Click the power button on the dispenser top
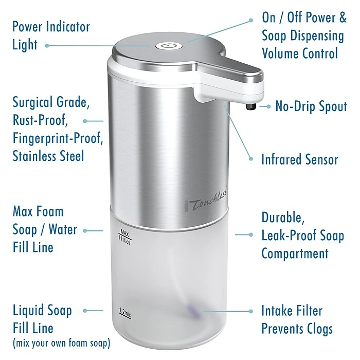coord(169,46)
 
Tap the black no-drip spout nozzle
coord(251,107)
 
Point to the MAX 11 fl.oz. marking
coord(124,237)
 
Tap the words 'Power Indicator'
coord(51,27)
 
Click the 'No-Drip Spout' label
coord(311,106)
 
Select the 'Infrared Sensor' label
coord(300,159)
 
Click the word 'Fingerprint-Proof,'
coord(58,138)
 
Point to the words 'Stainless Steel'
coord(48,156)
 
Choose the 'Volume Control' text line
coord(300,53)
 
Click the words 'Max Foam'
coord(38,211)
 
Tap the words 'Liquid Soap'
coord(42,311)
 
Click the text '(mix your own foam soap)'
coord(62,343)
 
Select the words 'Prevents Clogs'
coord(297,329)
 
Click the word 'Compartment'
coord(295,254)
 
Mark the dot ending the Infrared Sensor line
coord(251,158)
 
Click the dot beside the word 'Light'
coord(47,46)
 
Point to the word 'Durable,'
coord(283,218)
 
